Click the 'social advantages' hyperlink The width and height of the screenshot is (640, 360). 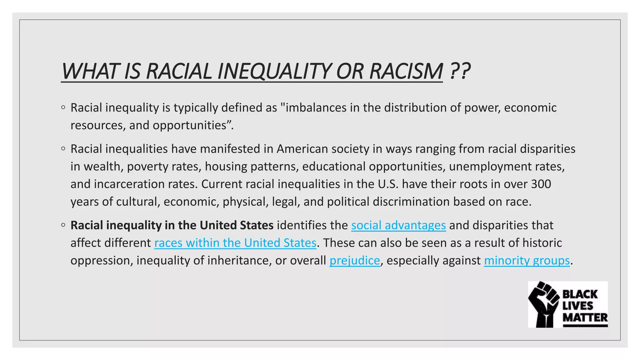pyautogui.click(x=398, y=225)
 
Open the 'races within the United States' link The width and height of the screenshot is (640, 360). pyautogui.click(x=235, y=243)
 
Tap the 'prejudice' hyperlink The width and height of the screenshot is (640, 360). pyautogui.click(x=354, y=260)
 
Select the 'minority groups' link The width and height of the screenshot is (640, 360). pyautogui.click(x=527, y=260)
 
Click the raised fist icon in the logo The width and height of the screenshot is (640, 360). pyautogui.click(x=544, y=304)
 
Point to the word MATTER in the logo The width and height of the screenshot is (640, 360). pyautogui.click(x=585, y=317)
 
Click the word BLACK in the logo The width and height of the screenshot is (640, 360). pyautogui.click(x=580, y=294)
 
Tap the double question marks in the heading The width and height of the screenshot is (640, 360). pyautogui.click(x=460, y=71)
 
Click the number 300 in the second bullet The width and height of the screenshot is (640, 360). pyautogui.click(x=541, y=184)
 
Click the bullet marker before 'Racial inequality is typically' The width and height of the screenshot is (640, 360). pyautogui.click(x=63, y=107)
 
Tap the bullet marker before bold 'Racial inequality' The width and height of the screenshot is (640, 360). pyautogui.click(x=63, y=225)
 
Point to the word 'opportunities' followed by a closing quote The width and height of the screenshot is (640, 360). pyautogui.click(x=189, y=125)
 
